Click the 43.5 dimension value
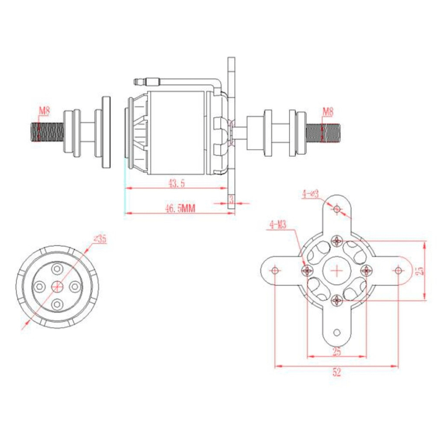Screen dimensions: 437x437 pyautogui.click(x=177, y=184)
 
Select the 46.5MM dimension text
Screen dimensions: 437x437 pyautogui.click(x=180, y=208)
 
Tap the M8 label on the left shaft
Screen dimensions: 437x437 pyautogui.click(x=44, y=111)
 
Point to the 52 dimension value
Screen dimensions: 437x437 pyautogui.click(x=336, y=372)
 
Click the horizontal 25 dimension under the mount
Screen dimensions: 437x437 pyautogui.click(x=336, y=352)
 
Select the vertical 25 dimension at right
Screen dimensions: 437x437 pyautogui.click(x=420, y=271)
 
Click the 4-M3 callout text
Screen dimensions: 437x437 pyautogui.click(x=277, y=225)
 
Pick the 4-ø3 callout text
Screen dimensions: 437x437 pyautogui.click(x=310, y=194)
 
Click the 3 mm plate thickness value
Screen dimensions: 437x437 pyautogui.click(x=231, y=200)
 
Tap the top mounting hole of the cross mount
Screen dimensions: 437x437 pyautogui.click(x=337, y=209)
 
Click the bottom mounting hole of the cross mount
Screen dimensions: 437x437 pyautogui.click(x=337, y=333)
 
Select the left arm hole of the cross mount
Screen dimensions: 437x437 pyautogui.click(x=275, y=270)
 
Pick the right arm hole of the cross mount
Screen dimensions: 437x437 pyautogui.click(x=399, y=270)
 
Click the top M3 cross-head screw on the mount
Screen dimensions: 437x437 pyautogui.click(x=337, y=240)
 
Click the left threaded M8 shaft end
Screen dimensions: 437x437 pyautogui.click(x=47, y=132)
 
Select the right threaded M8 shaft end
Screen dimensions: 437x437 pyautogui.click(x=323, y=133)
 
